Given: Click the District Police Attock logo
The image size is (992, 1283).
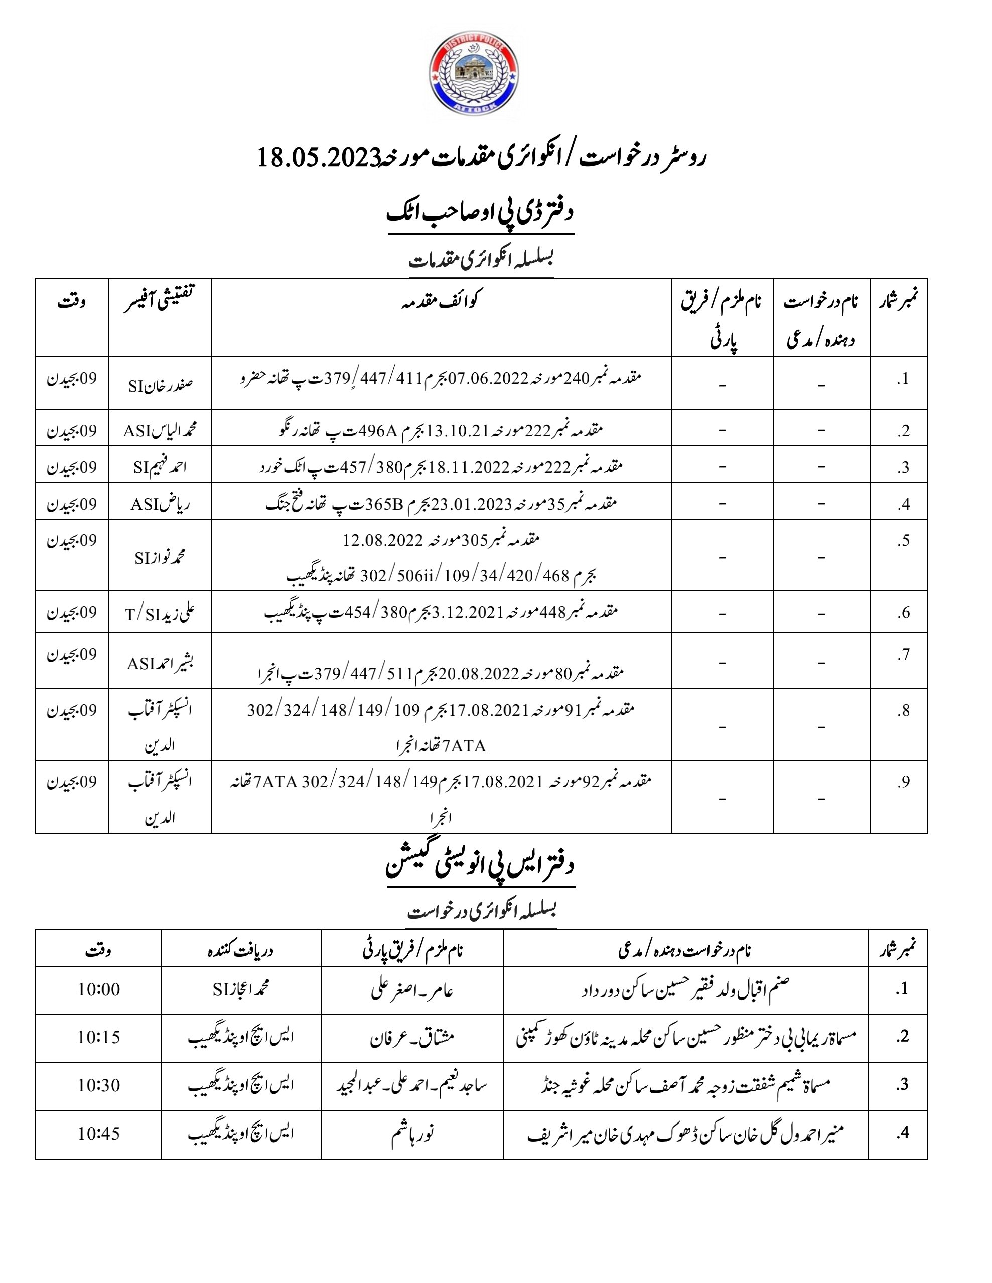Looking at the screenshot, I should pos(474,73).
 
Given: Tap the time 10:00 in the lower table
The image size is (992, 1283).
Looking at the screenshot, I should pos(99,989).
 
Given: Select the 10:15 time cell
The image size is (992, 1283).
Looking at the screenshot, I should pos(99,1037).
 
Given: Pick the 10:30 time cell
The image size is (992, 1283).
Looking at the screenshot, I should pos(99,1085).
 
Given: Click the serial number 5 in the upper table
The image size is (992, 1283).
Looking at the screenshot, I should pos(904,541).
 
